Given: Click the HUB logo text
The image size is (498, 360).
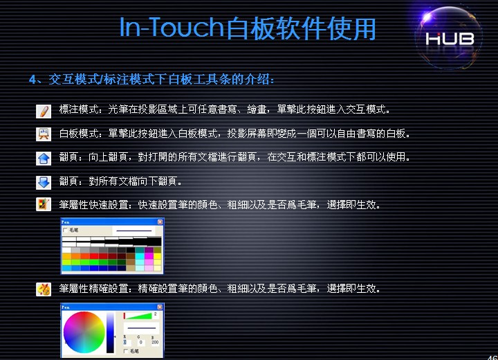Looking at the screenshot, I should (x=450, y=39).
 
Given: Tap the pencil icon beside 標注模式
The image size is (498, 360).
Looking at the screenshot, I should (x=44, y=111).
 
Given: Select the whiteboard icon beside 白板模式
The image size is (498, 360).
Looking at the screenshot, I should (x=44, y=134).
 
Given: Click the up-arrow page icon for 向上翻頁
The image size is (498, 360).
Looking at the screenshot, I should (x=44, y=159).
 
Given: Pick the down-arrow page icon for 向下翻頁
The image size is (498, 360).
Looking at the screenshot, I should (x=44, y=182).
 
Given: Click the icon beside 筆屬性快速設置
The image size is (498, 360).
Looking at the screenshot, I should (x=44, y=205).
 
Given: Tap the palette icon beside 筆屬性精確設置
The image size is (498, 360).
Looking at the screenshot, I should (x=44, y=289).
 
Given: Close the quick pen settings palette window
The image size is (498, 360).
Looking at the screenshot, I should (x=160, y=222).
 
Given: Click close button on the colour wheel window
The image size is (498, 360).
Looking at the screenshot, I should (x=160, y=306).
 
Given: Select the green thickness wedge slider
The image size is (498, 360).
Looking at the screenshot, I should (x=141, y=315).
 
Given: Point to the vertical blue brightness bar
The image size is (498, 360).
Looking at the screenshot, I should (x=109, y=332).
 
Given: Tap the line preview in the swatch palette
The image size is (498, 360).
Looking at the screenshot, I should (x=133, y=230).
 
